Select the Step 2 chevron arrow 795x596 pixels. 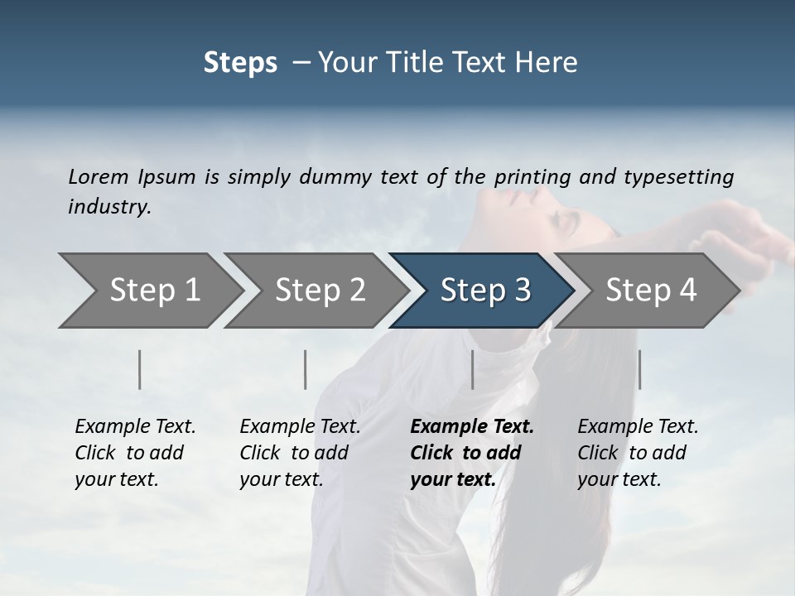tap(317, 291)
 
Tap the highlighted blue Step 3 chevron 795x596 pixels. tap(483, 291)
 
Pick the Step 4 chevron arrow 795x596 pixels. tap(648, 291)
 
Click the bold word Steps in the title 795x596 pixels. tap(240, 63)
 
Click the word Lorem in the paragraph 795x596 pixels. tap(99, 176)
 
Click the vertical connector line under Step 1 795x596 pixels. tap(140, 369)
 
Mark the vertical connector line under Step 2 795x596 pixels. tap(306, 369)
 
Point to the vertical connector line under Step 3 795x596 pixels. tap(473, 369)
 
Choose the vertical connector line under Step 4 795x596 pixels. tap(639, 369)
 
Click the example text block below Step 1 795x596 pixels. tap(135, 453)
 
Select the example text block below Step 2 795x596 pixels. tap(300, 453)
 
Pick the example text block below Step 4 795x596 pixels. tap(638, 453)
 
